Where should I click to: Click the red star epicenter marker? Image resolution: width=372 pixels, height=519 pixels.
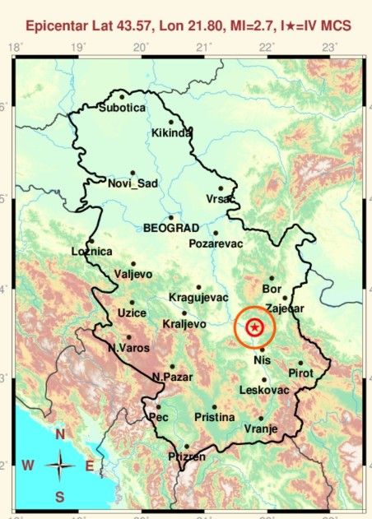click(255, 328)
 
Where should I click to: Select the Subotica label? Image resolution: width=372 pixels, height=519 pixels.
click(122, 108)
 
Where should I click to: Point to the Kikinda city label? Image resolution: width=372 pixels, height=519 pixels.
click(172, 133)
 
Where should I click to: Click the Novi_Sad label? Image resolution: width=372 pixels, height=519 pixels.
click(132, 183)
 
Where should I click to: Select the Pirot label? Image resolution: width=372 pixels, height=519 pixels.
click(303, 373)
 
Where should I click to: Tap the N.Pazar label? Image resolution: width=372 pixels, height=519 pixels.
click(173, 378)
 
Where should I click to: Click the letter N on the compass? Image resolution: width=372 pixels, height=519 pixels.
click(60, 434)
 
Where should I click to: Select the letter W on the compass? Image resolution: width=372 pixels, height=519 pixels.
click(28, 466)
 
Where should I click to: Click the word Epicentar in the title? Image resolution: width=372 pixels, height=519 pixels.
click(59, 27)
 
